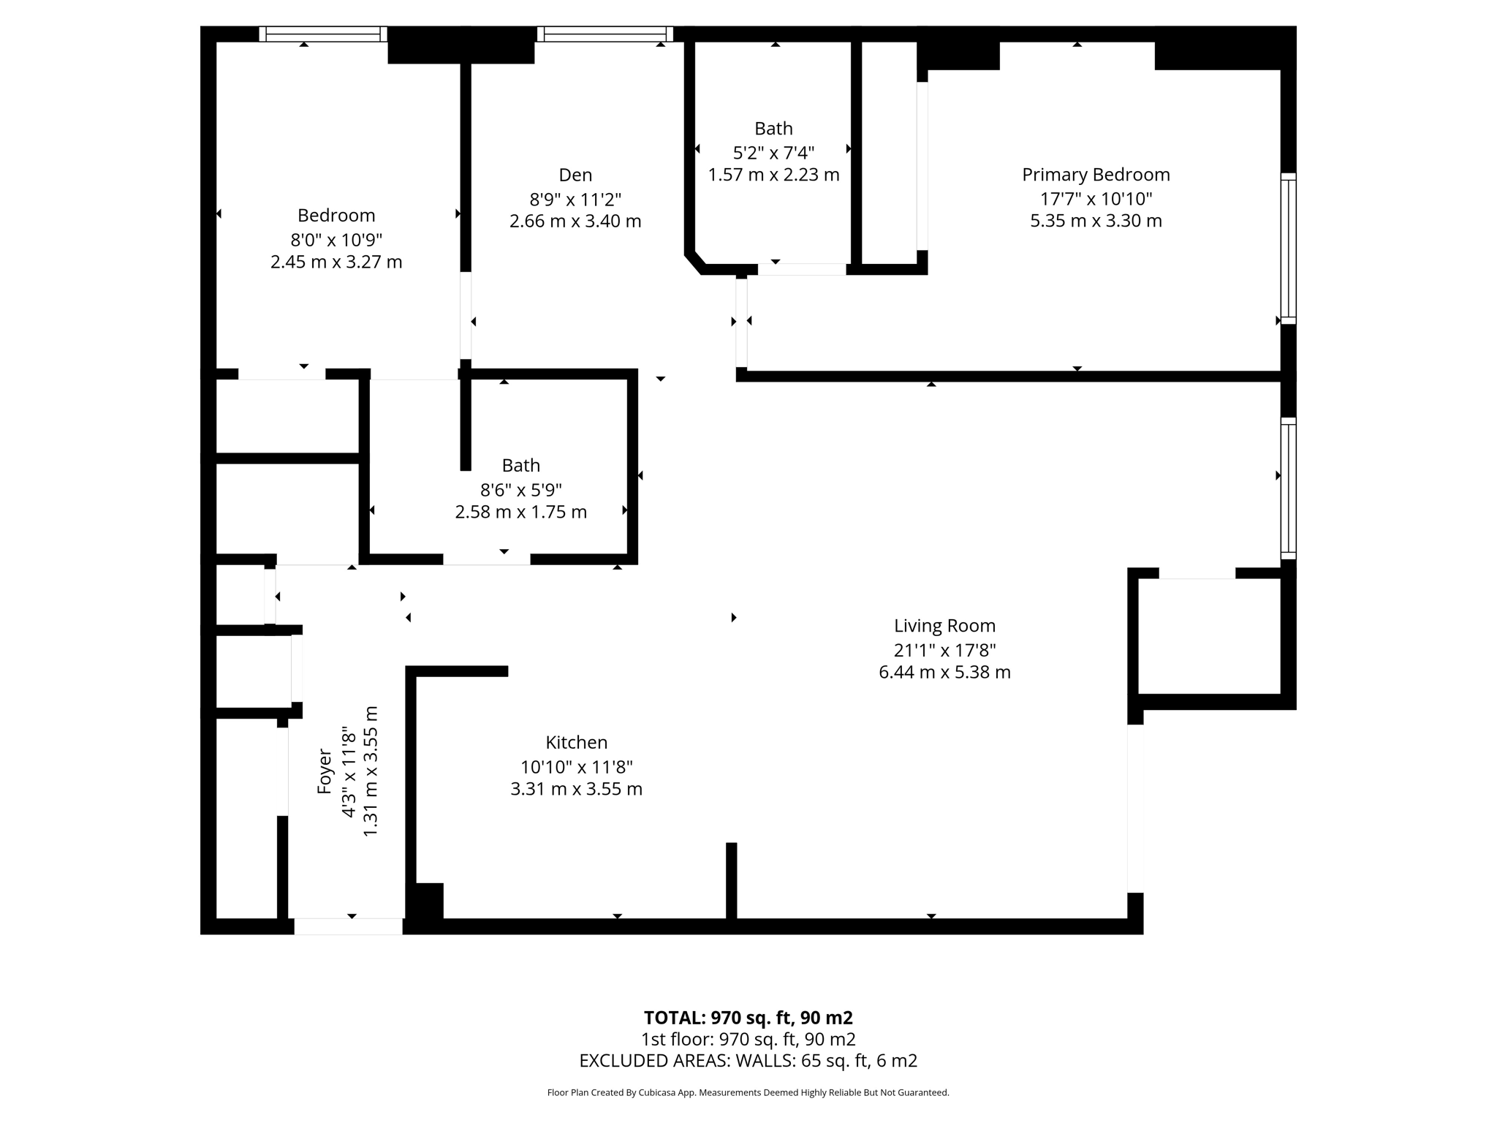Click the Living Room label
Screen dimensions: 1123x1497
[x=944, y=626]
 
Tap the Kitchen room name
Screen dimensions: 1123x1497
[x=576, y=743]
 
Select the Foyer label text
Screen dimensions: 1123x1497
[x=325, y=772]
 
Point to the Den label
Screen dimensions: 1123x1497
[x=575, y=175]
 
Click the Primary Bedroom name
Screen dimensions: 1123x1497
[x=1096, y=175]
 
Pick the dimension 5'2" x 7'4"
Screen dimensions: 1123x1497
[x=773, y=152]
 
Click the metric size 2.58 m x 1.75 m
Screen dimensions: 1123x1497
[x=520, y=512]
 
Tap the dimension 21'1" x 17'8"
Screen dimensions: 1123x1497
[x=944, y=649]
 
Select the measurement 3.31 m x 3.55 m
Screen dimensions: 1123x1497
[x=576, y=789]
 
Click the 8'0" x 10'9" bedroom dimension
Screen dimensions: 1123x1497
[x=336, y=239]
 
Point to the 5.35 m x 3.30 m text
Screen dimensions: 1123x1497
[x=1096, y=221]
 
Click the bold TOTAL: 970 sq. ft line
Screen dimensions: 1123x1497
[x=748, y=1018]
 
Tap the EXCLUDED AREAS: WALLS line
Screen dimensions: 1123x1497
[x=748, y=1060]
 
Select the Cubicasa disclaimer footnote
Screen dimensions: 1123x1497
[x=748, y=1093]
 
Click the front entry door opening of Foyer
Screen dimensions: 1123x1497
[x=348, y=926]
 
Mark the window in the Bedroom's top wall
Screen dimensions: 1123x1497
[x=322, y=34]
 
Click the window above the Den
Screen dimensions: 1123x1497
[x=605, y=34]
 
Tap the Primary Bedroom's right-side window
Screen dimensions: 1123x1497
[x=1288, y=249]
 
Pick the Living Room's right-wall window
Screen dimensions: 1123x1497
[x=1288, y=488]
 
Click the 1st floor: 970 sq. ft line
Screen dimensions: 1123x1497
[x=748, y=1039]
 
